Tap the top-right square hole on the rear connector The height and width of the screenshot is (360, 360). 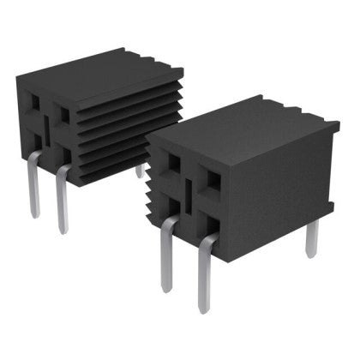coord(63,112)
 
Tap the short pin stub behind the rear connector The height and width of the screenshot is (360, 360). coord(139,171)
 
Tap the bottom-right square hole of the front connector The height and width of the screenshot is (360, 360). coord(207,225)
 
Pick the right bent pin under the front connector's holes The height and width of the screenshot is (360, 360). coord(203,274)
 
